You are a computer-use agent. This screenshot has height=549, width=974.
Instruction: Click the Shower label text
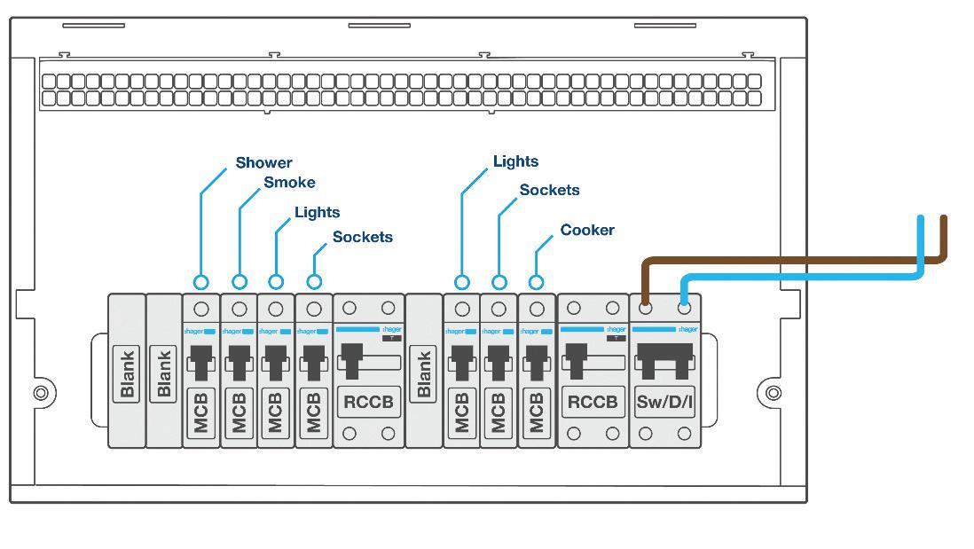pos(263,163)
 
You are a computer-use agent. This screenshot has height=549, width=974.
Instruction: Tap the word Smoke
pos(289,183)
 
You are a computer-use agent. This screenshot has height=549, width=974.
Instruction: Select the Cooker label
pos(587,231)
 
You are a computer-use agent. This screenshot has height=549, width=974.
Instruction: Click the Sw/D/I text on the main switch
pos(664,402)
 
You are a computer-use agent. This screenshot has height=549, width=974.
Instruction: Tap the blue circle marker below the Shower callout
pos(201,282)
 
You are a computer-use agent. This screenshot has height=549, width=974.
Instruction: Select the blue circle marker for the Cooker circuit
pos(536,282)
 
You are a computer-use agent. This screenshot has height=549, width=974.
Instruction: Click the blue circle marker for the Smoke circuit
pos(240,282)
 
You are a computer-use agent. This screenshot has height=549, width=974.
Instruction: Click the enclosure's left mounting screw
pos(41,392)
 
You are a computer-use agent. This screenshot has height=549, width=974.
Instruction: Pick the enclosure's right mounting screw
pos(774,392)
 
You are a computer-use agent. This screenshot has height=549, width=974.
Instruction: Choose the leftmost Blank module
pos(127,373)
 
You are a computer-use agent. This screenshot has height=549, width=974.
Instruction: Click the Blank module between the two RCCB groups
pos(424,373)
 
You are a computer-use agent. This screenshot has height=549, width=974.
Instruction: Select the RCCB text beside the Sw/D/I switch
pos(592,402)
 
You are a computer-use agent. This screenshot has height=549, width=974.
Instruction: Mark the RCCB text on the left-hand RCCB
pos(368,402)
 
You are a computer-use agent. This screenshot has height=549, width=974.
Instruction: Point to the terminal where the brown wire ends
pos(646,309)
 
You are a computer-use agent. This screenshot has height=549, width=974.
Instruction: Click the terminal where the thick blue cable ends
pos(684,309)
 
